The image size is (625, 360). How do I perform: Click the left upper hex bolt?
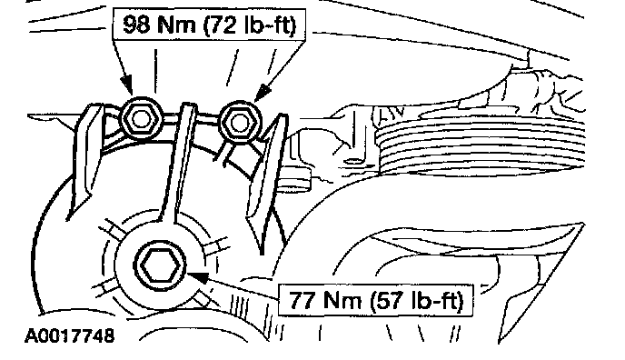(141, 118)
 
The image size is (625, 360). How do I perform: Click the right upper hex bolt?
(240, 122)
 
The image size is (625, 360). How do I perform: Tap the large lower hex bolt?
(160, 265)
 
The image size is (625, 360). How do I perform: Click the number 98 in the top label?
(136, 25)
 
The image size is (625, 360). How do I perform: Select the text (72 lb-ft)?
(250, 25)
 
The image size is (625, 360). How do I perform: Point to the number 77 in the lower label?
(303, 300)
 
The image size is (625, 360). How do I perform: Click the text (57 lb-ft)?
(417, 300)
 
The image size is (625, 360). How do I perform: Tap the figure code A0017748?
(69, 335)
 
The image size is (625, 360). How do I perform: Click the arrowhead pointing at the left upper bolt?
(127, 85)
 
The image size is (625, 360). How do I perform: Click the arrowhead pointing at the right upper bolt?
(263, 93)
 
